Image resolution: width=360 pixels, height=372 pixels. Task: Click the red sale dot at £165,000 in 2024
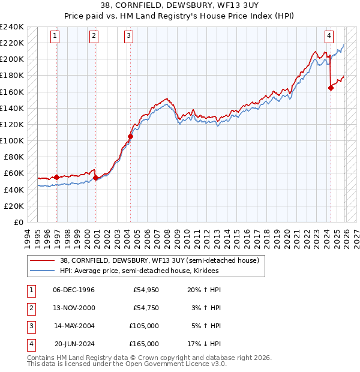click(x=331, y=88)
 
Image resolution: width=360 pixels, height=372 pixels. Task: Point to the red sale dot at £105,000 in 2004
click(x=130, y=136)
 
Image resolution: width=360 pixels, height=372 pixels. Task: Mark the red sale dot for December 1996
click(x=56, y=177)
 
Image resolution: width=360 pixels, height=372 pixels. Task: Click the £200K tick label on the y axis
click(x=12, y=59)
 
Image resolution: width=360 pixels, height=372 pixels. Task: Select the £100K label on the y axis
click(x=12, y=140)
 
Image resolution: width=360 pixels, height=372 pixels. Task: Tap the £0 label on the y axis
click(x=17, y=222)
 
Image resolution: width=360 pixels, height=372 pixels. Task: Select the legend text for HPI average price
click(x=139, y=271)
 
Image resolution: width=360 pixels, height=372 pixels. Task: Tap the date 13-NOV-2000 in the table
click(x=74, y=308)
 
